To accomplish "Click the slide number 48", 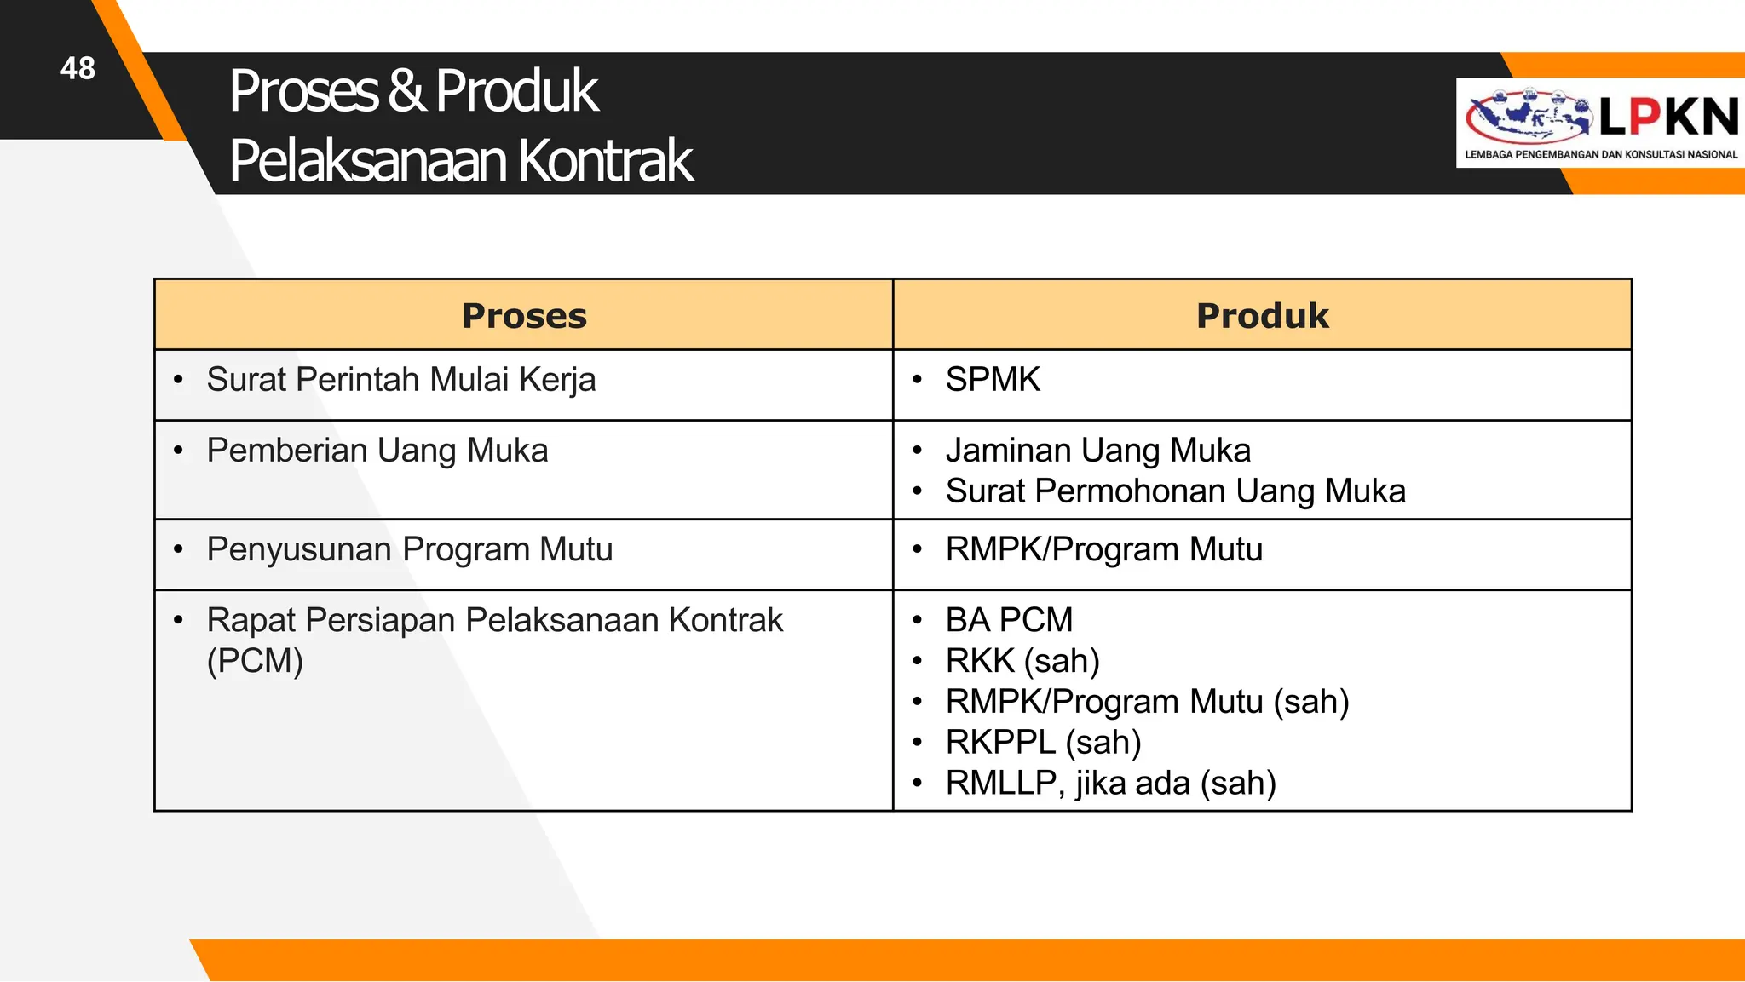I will pos(78,68).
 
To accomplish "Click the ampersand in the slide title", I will pos(406,90).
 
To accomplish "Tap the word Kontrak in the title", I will pos(606,160).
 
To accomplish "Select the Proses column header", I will pos(524,316).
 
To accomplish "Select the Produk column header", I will pos(1262,316).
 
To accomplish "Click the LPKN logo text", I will pos(1667,117).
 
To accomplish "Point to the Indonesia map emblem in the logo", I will pos(1527,117).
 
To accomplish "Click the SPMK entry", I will pos(993,380).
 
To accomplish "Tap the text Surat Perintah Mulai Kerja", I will pos(400,380).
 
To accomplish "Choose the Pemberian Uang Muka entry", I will pos(377,451).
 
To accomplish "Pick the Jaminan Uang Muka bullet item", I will pos(1097,451).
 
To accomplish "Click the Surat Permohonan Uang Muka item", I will pos(1175,491).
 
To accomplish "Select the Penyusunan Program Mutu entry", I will pos(409,549).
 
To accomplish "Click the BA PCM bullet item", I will pos(1009,620).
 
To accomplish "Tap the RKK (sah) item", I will pos(1022,661).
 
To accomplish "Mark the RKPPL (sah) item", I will pos(1043,743).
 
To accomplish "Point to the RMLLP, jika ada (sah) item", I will pos(1110,784).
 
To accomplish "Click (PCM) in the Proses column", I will pos(255,661).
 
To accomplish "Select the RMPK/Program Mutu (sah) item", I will pos(1147,702).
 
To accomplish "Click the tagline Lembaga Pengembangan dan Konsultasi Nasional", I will pos(1601,155).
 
